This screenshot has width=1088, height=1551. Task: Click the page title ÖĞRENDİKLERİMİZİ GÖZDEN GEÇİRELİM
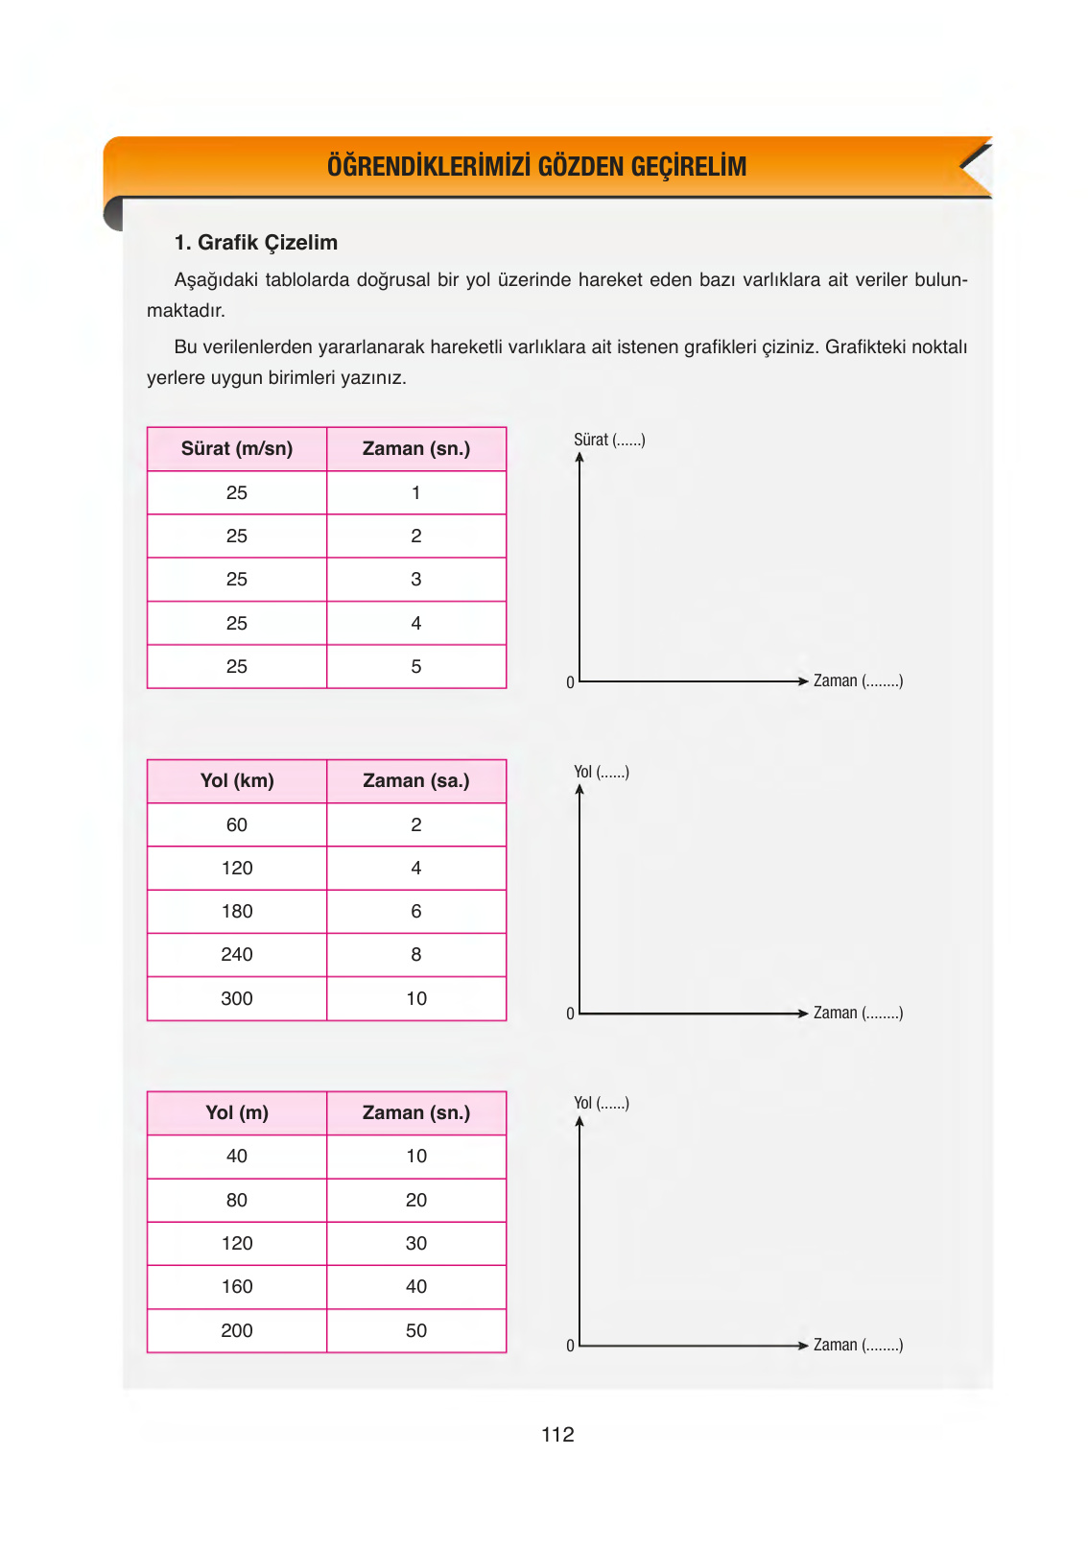click(536, 166)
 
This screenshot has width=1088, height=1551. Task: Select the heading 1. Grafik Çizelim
click(255, 243)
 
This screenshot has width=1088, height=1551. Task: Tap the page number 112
click(557, 1434)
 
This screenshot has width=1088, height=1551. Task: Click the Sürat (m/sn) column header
click(237, 448)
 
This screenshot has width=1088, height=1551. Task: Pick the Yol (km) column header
click(237, 780)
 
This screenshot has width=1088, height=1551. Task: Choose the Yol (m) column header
click(237, 1112)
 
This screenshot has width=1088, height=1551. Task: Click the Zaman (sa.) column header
click(416, 780)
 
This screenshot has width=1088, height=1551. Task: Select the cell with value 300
click(237, 998)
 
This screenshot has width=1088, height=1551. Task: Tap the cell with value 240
click(237, 954)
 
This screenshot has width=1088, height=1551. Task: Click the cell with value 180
click(237, 911)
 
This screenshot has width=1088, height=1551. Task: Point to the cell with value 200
click(237, 1330)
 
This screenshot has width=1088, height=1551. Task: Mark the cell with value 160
click(237, 1286)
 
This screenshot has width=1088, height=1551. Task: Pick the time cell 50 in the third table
click(416, 1330)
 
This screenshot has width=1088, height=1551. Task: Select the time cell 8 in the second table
click(416, 954)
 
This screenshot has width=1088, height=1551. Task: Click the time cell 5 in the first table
click(416, 666)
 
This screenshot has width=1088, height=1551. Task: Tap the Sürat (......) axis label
click(609, 440)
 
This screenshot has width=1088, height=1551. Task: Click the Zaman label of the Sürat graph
click(858, 680)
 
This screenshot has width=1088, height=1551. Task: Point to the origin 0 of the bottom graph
click(570, 1346)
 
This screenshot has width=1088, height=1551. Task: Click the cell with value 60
click(237, 824)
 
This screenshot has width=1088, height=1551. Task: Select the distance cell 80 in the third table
click(237, 1200)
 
